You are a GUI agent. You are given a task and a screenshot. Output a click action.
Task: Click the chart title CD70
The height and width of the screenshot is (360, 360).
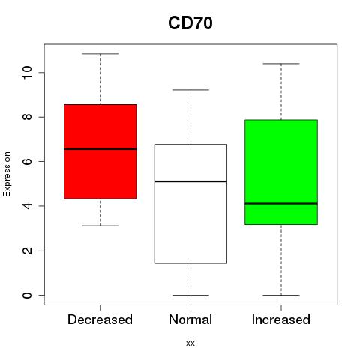pos(190,23)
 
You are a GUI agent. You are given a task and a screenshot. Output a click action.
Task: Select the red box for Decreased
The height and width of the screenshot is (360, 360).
pos(100,151)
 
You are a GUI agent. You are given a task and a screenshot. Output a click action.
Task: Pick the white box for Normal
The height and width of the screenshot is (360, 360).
pos(190,204)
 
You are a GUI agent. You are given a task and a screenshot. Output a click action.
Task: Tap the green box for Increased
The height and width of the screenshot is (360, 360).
pos(281,172)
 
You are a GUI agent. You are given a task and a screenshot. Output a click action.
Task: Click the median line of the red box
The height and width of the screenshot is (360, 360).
pos(100,149)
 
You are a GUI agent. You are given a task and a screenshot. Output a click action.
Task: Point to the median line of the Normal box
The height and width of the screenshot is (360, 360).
pos(190,181)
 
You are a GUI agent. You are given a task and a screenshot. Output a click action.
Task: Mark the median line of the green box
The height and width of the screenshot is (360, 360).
pos(281,204)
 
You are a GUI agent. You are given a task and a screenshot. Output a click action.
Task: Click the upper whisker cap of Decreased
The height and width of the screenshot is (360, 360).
pos(100,54)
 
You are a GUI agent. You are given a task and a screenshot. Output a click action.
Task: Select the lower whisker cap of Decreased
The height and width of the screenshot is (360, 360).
pos(100,226)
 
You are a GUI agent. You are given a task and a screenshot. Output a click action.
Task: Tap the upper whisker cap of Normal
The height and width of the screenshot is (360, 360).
pos(190,90)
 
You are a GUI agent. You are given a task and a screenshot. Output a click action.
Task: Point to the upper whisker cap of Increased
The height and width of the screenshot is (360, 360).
pos(281,64)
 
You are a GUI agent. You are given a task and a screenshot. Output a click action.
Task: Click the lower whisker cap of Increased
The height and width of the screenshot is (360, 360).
pos(281,295)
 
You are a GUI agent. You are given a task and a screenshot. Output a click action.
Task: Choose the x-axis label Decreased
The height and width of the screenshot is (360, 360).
pos(100,319)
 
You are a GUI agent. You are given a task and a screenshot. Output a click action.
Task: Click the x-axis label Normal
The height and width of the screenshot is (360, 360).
pos(190,319)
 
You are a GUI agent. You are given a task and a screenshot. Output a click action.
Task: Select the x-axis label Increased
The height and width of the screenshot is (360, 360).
pos(281,319)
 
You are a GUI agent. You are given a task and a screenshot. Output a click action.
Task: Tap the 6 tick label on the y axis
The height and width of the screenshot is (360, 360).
pos(27,161)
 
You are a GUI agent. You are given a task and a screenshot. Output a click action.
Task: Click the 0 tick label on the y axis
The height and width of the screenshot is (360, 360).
pos(27,295)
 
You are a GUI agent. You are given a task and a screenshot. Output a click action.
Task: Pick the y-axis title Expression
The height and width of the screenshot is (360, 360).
pos(7,174)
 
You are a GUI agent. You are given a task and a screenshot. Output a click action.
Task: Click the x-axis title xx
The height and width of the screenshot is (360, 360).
pos(190,343)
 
